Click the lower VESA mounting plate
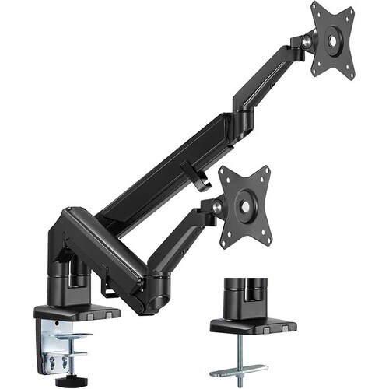(x=245, y=205)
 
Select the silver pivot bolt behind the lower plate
(x=216, y=205)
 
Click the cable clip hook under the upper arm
(x=194, y=174)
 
